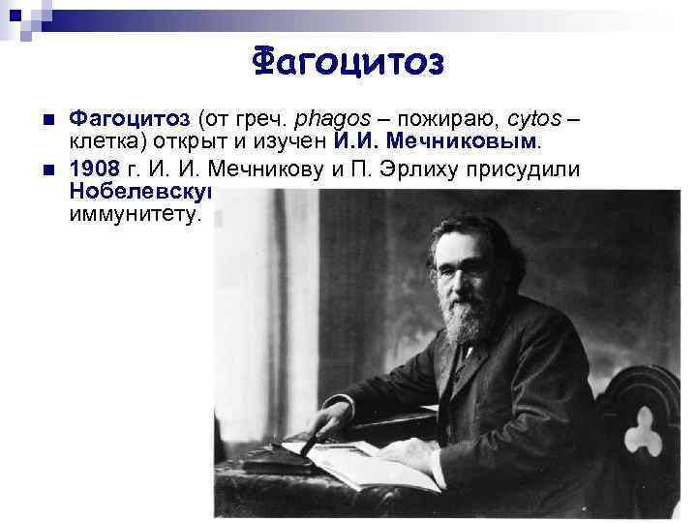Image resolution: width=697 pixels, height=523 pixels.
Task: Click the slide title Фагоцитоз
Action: (x=348, y=62)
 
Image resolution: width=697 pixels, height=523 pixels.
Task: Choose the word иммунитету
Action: (x=135, y=214)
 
